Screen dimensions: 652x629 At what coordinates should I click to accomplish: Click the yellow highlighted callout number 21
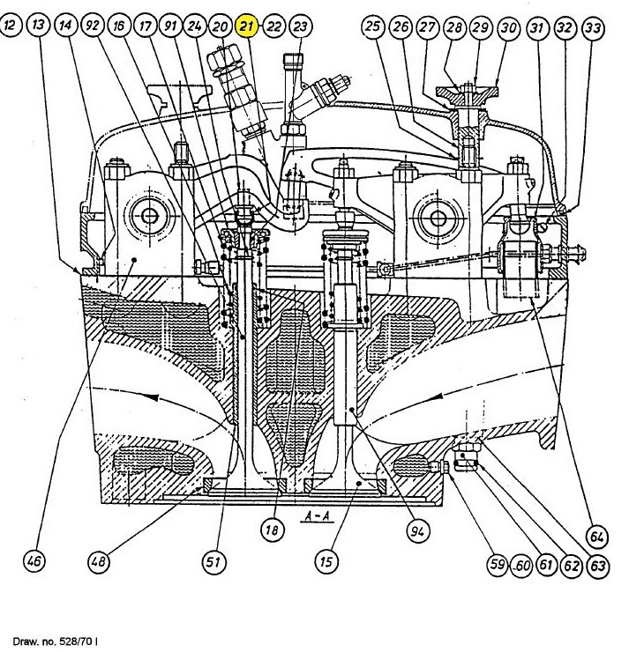click(247, 27)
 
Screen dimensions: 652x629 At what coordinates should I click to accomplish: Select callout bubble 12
click(11, 27)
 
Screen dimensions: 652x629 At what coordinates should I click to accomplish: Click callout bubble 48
click(99, 560)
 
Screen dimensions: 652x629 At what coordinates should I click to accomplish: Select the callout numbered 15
click(326, 560)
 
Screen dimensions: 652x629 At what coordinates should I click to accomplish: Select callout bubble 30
click(507, 27)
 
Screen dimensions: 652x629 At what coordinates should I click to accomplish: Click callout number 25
click(374, 27)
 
